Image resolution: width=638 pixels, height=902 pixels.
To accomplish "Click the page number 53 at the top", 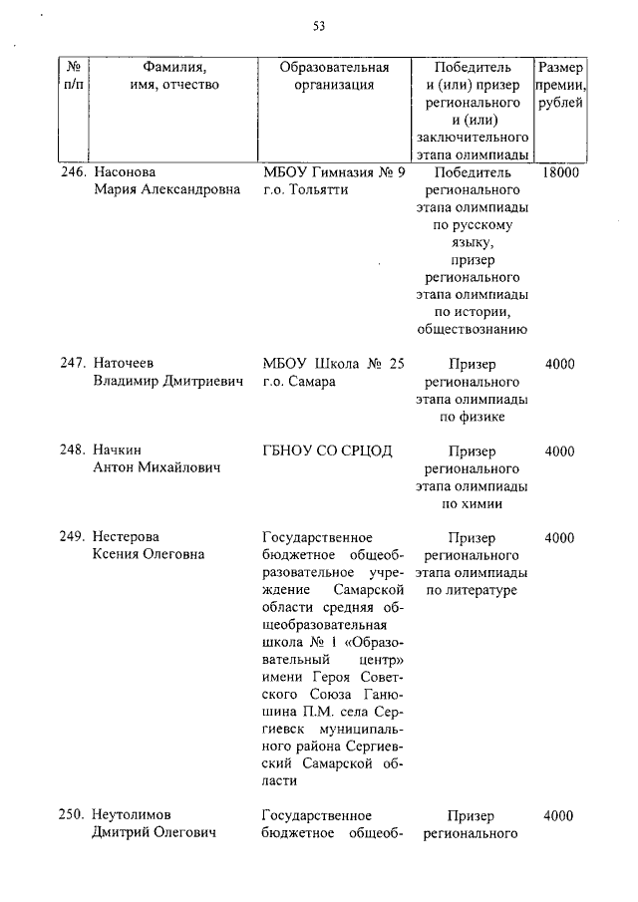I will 319,26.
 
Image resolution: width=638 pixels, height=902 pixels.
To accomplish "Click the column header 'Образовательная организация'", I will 334,77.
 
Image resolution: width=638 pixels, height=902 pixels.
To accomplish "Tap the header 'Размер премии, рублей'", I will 561,86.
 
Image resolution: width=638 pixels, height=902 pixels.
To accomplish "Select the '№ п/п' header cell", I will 73,77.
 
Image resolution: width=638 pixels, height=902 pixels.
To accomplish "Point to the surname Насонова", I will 126,172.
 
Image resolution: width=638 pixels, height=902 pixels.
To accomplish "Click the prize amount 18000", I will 561,172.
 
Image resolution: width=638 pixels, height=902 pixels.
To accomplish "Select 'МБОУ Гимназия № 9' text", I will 334,172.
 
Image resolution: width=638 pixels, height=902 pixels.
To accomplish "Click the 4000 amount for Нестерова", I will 560,538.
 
